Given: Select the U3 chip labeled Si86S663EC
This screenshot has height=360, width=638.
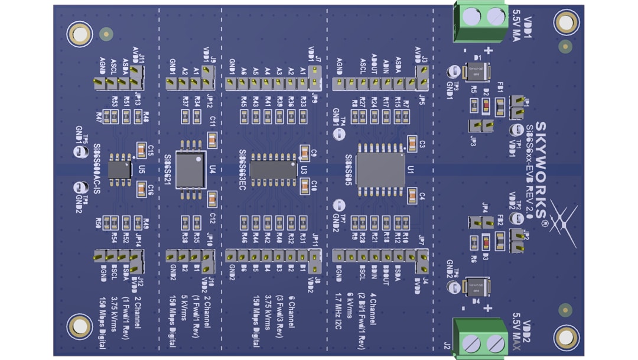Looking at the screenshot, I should pyautogui.click(x=273, y=169).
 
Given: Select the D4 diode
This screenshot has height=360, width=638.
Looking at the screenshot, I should pyautogui.click(x=476, y=287).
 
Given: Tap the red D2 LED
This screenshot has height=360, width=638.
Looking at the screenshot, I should pyautogui.click(x=486, y=106).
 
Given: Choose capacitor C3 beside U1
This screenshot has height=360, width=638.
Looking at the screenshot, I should pyautogui.click(x=412, y=144).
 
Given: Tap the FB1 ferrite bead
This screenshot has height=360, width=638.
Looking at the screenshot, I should pyautogui.click(x=500, y=106).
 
